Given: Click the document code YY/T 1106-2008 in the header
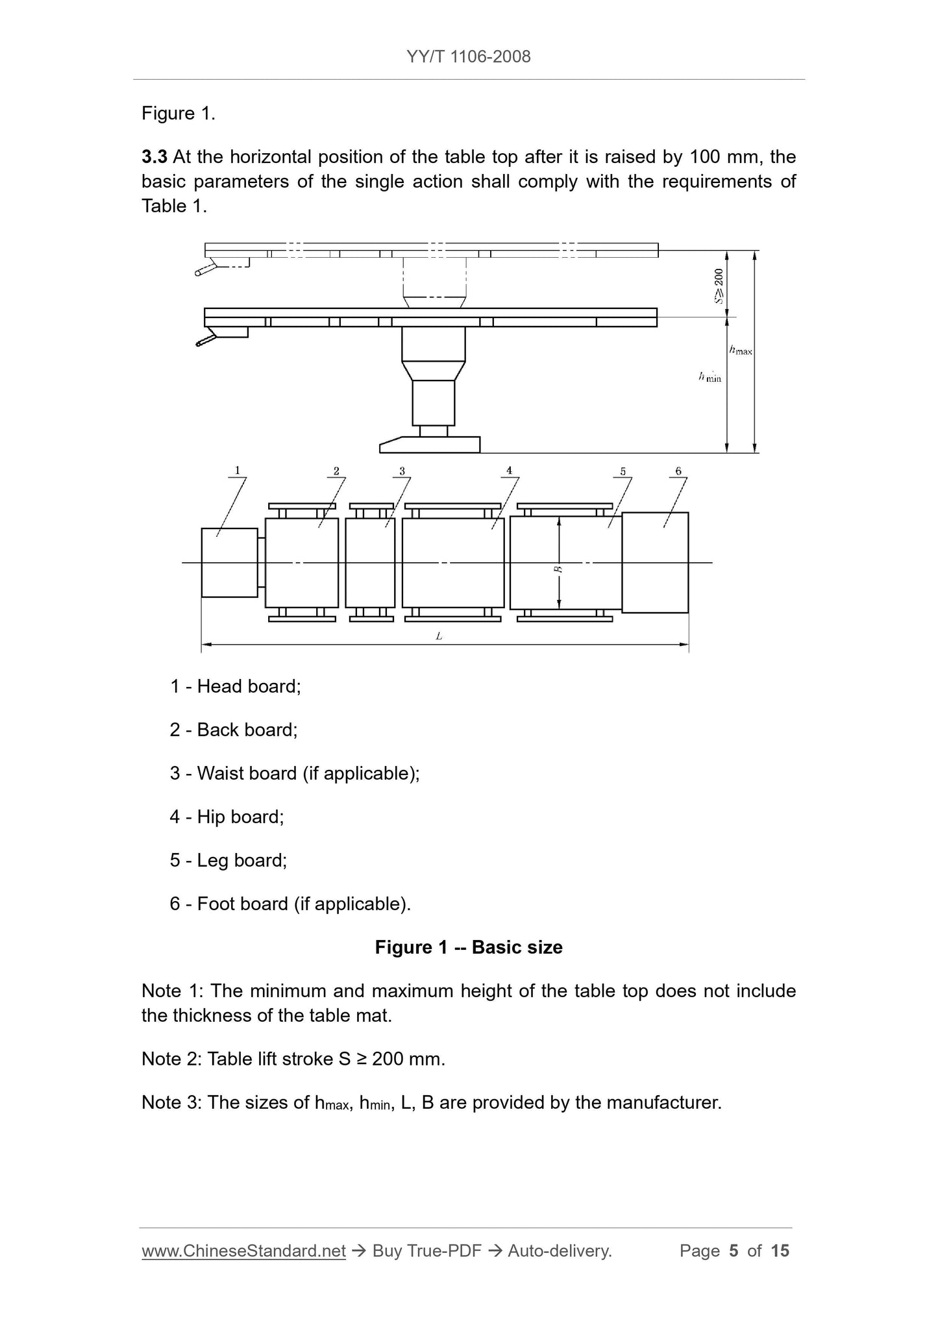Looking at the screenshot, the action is pyautogui.click(x=469, y=56).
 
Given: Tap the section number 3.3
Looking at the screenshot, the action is pyautogui.click(x=154, y=157).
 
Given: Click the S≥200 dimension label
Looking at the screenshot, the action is pyautogui.click(x=719, y=286).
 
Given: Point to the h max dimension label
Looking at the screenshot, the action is pyautogui.click(x=741, y=351).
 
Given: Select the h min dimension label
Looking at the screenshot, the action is pyautogui.click(x=710, y=377).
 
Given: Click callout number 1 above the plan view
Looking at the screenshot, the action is pyautogui.click(x=238, y=470).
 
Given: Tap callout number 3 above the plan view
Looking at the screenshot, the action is pyautogui.click(x=402, y=471).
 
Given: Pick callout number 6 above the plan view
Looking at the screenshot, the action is pyautogui.click(x=678, y=471).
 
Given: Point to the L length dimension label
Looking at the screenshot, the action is pyautogui.click(x=439, y=637).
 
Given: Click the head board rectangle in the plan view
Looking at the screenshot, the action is pyautogui.click(x=230, y=562).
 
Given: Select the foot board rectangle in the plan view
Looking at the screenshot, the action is pyautogui.click(x=656, y=562).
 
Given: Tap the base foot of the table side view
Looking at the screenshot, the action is pyautogui.click(x=430, y=445).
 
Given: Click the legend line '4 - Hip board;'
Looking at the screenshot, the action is pyautogui.click(x=227, y=817).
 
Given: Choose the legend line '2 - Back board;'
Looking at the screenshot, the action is pyautogui.click(x=234, y=730).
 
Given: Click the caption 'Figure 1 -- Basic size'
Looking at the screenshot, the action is pyautogui.click(x=469, y=947).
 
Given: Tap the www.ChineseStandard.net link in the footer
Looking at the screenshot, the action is pyautogui.click(x=243, y=1251).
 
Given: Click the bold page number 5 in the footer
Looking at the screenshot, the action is pyautogui.click(x=734, y=1251).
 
